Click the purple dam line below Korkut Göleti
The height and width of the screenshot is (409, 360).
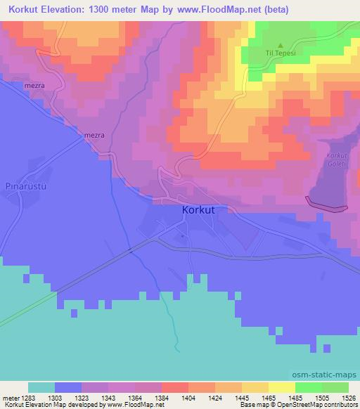[327, 204]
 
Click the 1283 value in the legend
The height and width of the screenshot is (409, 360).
[35, 397]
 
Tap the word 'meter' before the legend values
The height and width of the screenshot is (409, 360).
[12, 397]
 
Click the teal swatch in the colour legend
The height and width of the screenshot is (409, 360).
[41, 387]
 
